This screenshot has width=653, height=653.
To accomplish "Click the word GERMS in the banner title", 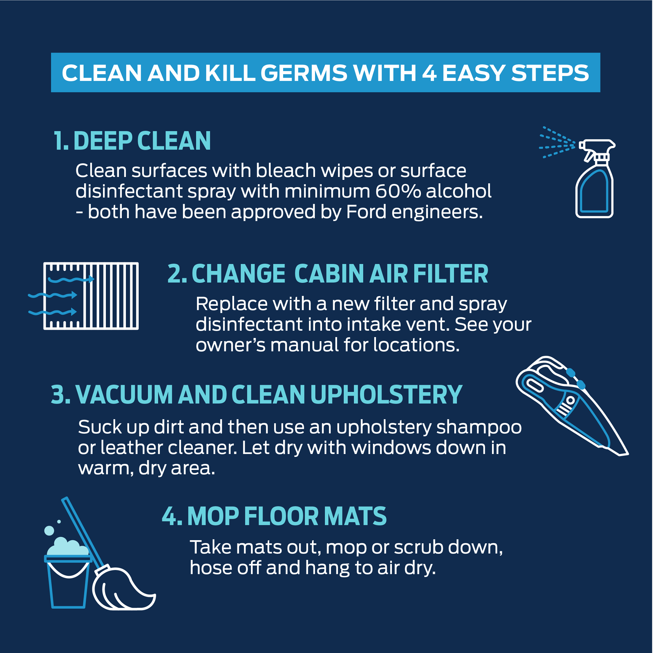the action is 304,73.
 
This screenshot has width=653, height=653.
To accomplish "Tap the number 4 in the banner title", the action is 429,73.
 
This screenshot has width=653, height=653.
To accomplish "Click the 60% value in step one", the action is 398,191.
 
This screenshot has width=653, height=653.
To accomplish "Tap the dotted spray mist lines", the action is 557,142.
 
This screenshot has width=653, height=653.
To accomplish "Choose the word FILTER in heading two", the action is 451,274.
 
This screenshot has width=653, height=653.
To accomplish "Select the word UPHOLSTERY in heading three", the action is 386,394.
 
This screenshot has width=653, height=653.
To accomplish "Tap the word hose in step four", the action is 210,568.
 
